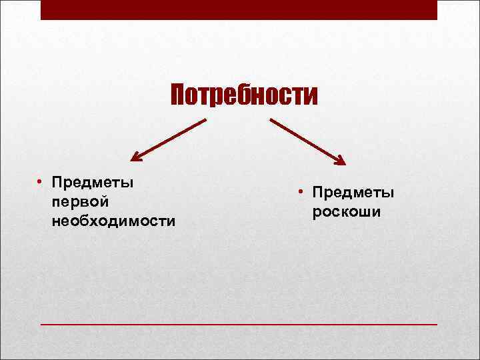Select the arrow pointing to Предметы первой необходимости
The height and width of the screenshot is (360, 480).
(168, 140)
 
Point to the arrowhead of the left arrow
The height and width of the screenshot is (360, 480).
(136, 157)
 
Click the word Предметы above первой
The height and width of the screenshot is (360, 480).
(93, 183)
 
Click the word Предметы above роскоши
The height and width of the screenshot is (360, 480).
(353, 193)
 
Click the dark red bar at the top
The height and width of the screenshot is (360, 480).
(239, 9)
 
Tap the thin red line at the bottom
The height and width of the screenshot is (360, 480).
(239, 324)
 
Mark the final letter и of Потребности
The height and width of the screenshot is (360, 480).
(313, 97)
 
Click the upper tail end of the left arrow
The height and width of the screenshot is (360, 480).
(205, 121)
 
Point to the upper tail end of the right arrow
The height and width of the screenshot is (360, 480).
(271, 121)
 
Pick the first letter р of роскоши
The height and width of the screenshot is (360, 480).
(315, 213)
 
